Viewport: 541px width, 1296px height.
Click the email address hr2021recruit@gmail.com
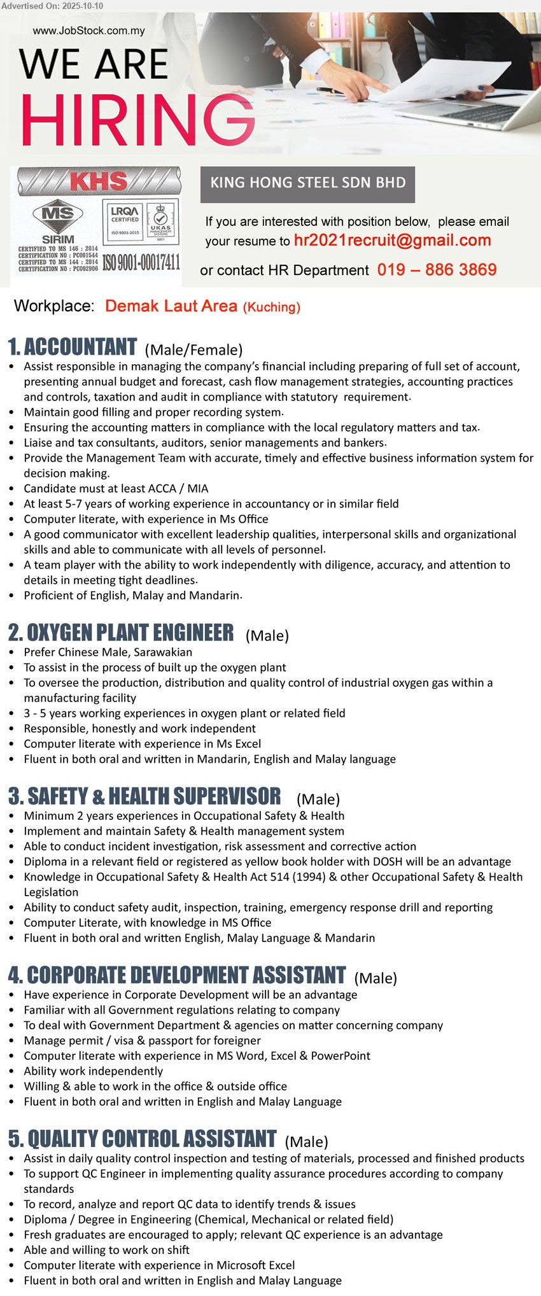click(392, 241)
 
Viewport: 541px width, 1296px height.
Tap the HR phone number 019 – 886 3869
click(437, 270)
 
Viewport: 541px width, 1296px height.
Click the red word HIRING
click(137, 120)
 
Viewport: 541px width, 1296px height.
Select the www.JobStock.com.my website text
click(88, 31)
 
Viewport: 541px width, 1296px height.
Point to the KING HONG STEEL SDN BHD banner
click(307, 183)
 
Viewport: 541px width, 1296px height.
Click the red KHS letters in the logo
click(99, 181)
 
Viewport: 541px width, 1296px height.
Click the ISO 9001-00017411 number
click(141, 262)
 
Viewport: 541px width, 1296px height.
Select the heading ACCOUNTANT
click(80, 347)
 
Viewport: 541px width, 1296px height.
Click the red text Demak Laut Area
click(171, 306)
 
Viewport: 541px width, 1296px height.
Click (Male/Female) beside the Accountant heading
click(193, 349)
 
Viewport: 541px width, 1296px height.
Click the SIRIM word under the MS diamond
click(58, 239)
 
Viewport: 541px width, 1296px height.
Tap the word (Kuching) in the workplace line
click(272, 307)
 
